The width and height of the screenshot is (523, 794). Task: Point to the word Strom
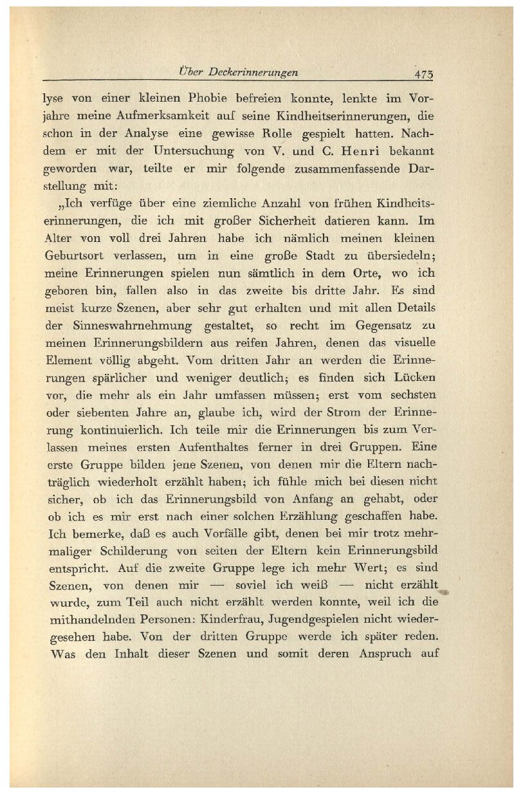click(x=347, y=411)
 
